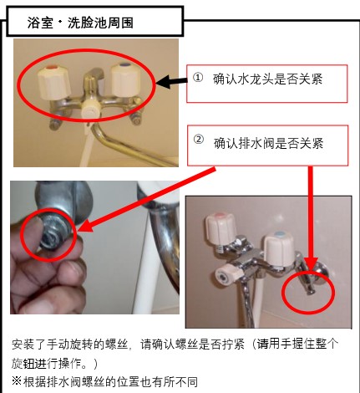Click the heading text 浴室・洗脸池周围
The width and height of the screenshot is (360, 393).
point(80,23)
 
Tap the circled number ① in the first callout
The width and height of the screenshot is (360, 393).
point(198,78)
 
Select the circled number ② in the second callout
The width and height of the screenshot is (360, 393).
point(199,139)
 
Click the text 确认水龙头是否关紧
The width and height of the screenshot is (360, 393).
point(267,79)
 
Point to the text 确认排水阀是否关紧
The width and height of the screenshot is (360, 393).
point(268,143)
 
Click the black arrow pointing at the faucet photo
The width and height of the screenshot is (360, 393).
point(171,82)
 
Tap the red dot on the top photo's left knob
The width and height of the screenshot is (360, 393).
point(51,68)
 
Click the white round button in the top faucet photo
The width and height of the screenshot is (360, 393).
point(90,110)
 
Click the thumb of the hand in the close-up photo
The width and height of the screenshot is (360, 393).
point(31,237)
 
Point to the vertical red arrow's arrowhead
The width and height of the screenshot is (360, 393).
point(311,264)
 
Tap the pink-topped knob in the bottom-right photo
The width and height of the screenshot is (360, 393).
point(221,227)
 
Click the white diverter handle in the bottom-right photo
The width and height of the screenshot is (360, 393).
point(227,273)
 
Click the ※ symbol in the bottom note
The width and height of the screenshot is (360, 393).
point(17,381)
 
